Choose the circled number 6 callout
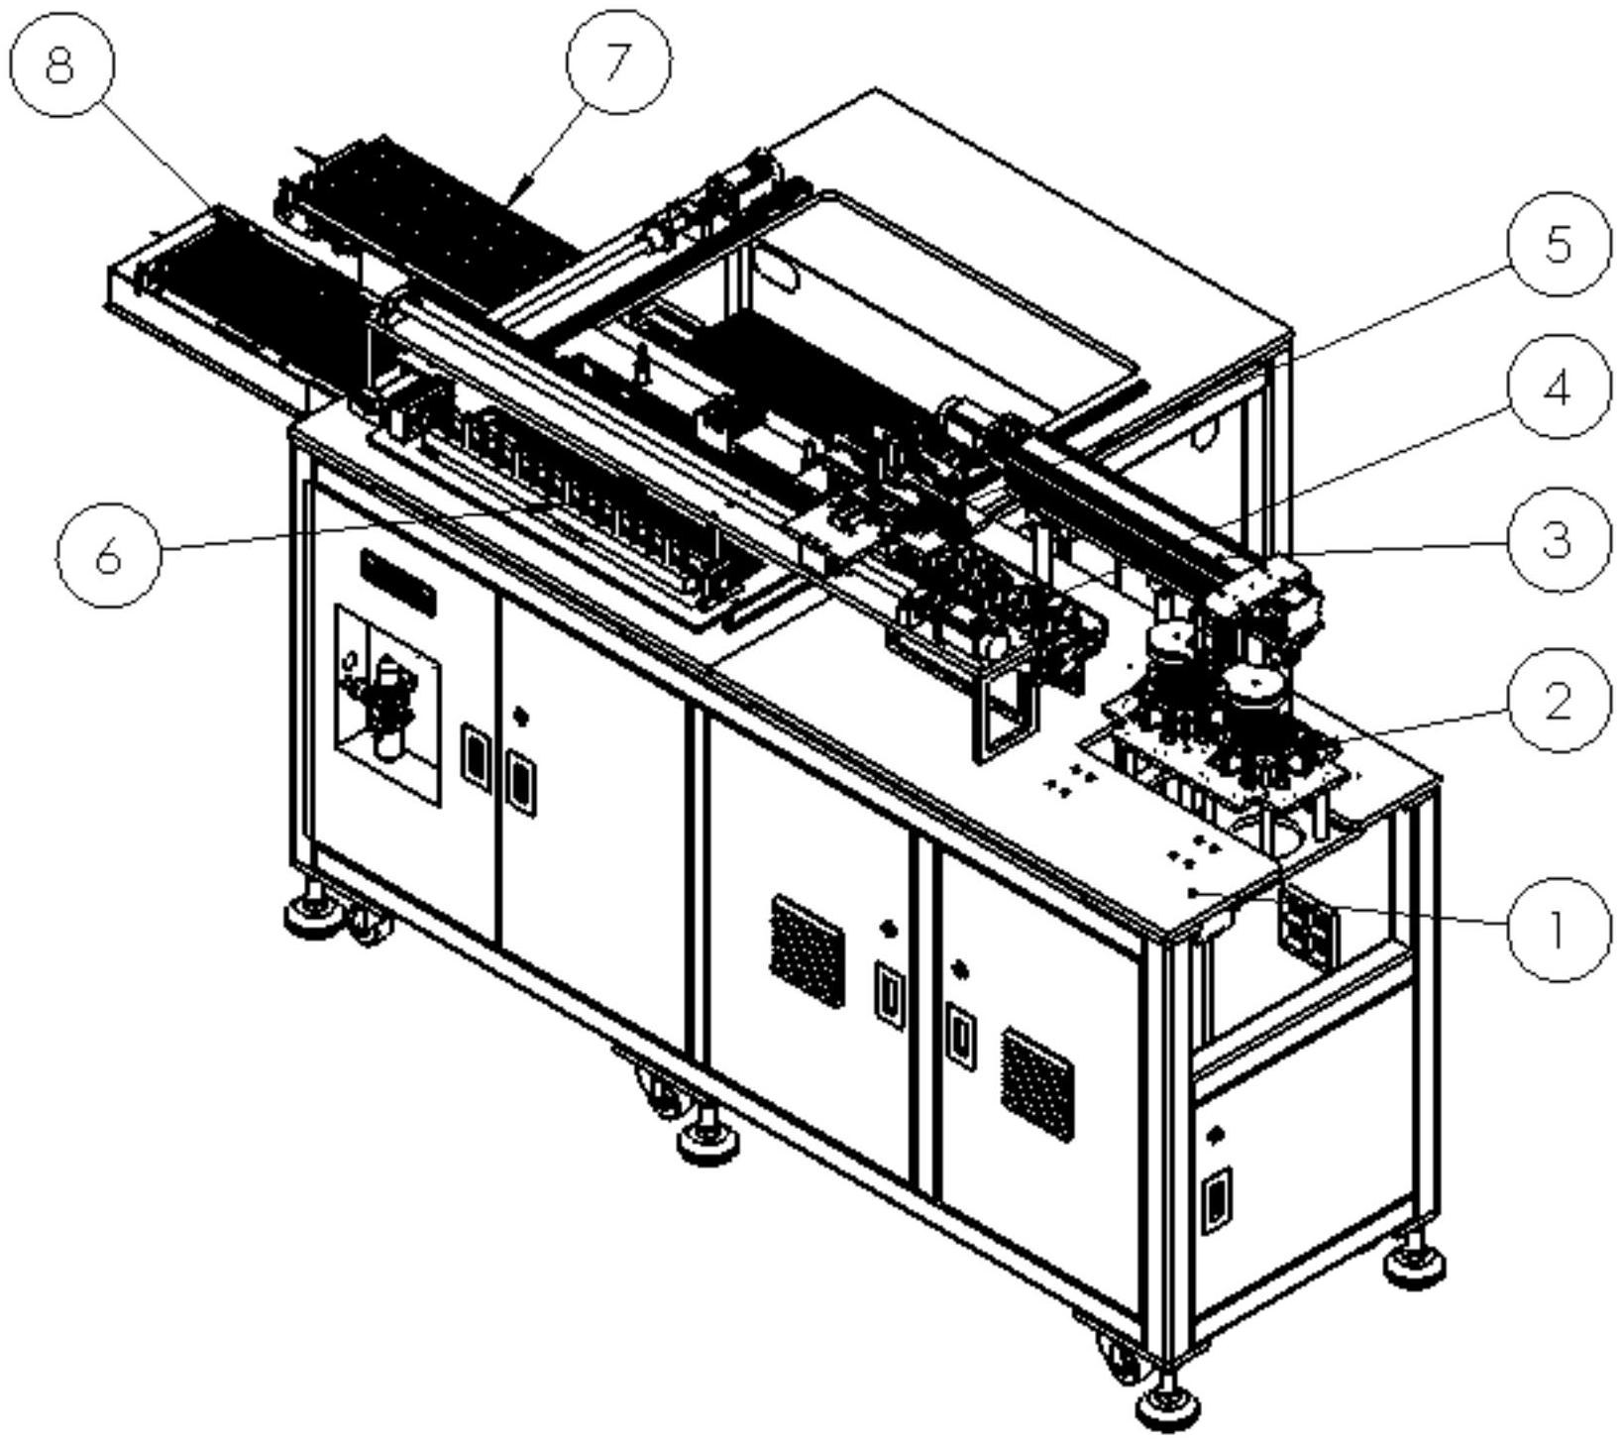click(x=109, y=555)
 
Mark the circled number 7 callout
click(x=617, y=61)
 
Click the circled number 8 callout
click(x=61, y=64)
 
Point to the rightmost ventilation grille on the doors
click(x=1037, y=1083)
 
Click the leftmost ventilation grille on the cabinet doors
click(x=808, y=950)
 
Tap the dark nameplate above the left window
click(x=398, y=583)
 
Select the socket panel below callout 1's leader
click(x=1307, y=925)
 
